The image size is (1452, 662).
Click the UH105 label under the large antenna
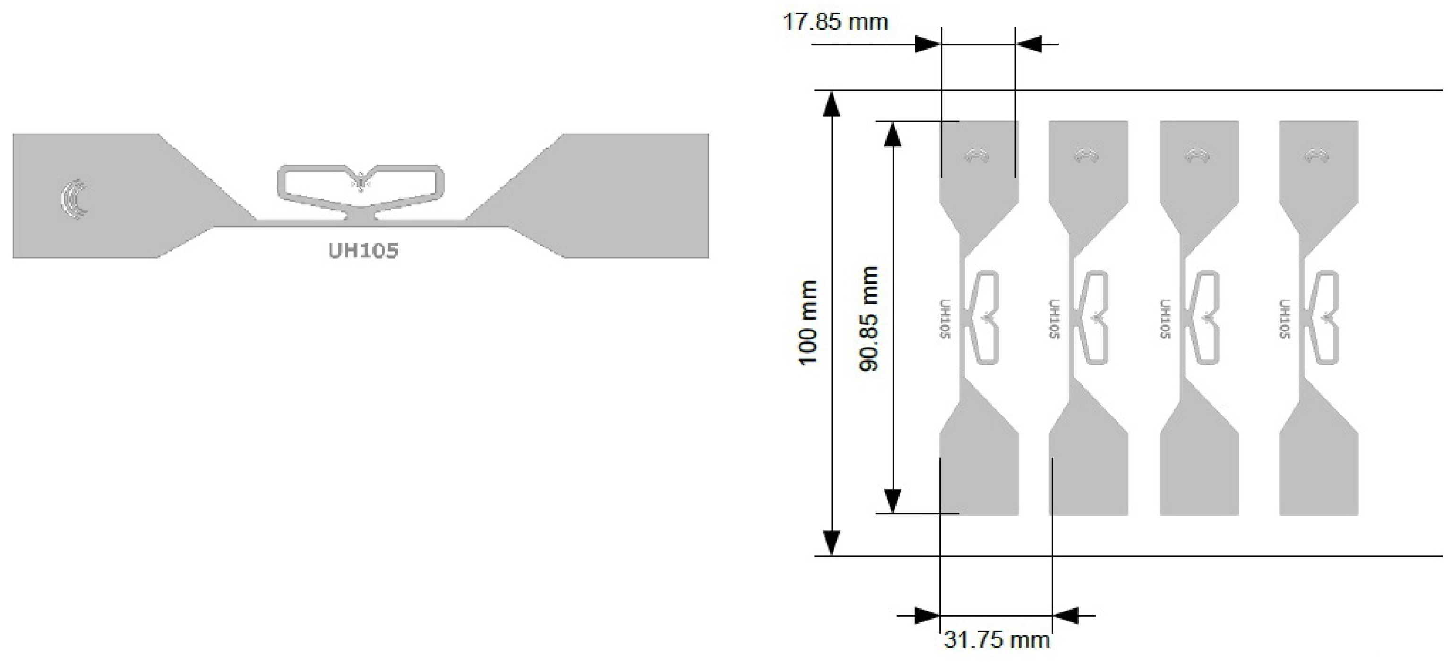coord(363,251)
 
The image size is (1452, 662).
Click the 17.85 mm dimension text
coord(835,23)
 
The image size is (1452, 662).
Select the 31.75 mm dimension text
coord(997,640)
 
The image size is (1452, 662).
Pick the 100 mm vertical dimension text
coord(808,323)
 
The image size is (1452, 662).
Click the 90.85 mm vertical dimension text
coord(868,319)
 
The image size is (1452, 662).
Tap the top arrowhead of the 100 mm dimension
coord(832,104)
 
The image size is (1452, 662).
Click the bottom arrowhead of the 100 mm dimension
coord(832,542)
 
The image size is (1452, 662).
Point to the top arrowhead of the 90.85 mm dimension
coord(892,134)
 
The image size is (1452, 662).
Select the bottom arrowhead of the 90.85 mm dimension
coord(892,501)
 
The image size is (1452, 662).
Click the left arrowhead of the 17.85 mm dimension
coord(927,44)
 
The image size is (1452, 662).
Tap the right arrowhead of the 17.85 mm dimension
coord(1029,44)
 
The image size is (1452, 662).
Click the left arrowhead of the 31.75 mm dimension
coord(927,616)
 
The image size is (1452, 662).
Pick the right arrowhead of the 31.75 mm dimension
coord(1065,616)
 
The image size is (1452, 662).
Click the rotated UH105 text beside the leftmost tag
coord(945,319)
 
